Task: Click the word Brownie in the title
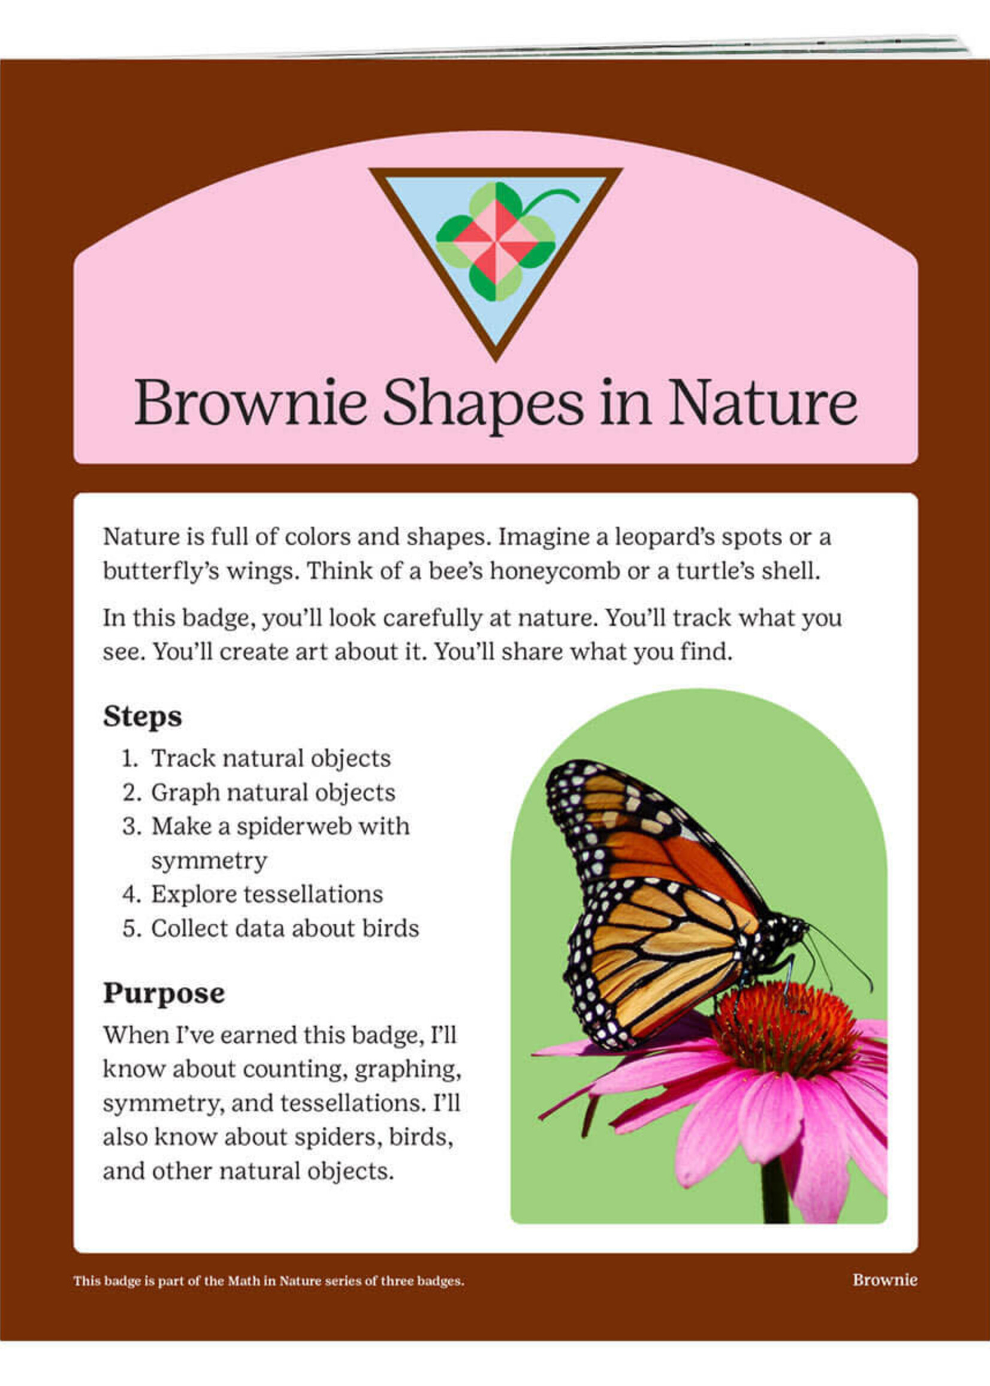point(250,403)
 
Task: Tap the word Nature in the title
point(763,403)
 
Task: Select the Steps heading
point(142,717)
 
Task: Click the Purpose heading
point(164,994)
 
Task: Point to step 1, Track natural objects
point(256,759)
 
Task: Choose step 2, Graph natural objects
point(258,793)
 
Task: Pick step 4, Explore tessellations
point(252,895)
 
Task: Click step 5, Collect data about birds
point(271,929)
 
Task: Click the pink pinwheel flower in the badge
point(495,242)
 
